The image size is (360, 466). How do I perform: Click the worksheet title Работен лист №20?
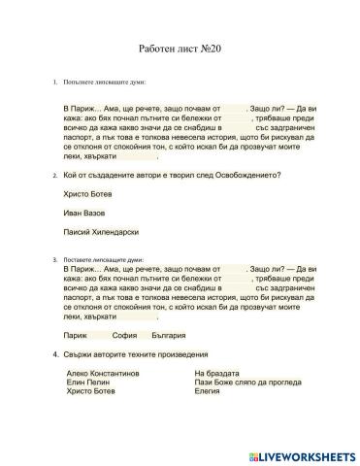[180, 46]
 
